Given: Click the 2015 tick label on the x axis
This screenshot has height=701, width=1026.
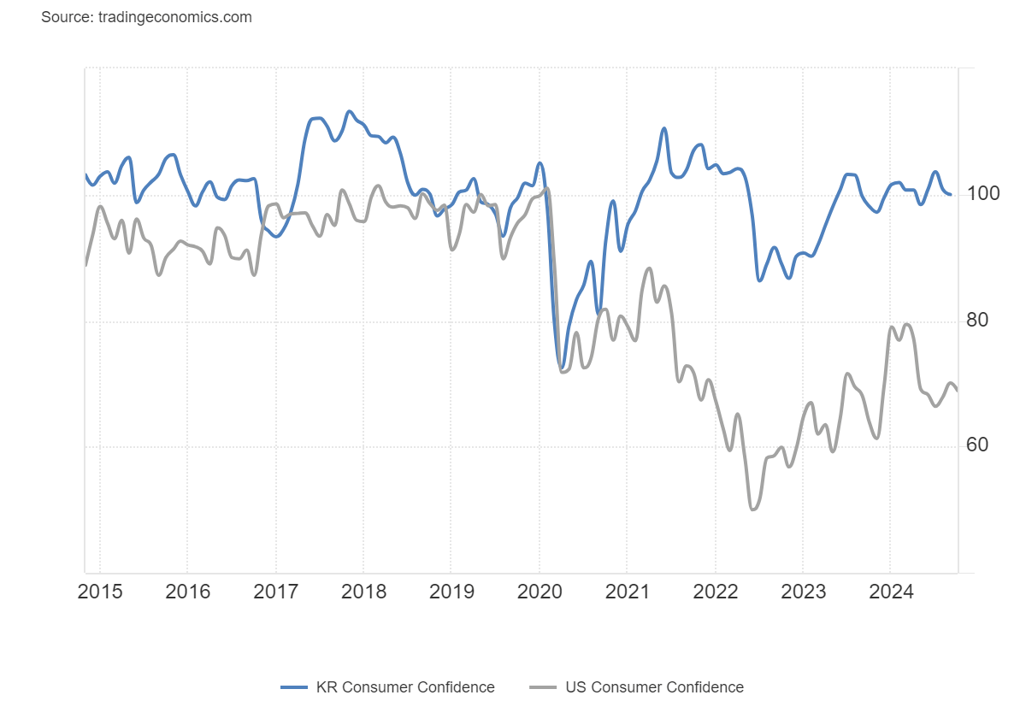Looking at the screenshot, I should pyautogui.click(x=99, y=592).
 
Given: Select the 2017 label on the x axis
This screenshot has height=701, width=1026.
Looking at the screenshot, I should pyautogui.click(x=275, y=592).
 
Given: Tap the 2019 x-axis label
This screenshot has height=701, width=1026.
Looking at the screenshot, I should pyautogui.click(x=451, y=592).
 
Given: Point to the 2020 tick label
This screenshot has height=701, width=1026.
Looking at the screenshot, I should pyautogui.click(x=539, y=592).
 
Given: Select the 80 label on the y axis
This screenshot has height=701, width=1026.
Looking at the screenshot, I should pyautogui.click(x=977, y=321).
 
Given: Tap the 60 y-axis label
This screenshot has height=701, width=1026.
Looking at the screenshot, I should pyautogui.click(x=977, y=445).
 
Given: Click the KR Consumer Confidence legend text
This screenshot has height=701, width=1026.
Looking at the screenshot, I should pyautogui.click(x=405, y=687).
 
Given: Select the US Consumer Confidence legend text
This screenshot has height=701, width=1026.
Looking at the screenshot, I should pyautogui.click(x=654, y=687).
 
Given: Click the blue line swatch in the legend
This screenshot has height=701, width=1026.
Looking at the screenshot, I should pyautogui.click(x=294, y=687).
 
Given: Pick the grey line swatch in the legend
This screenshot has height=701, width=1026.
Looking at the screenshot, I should pyautogui.click(x=543, y=687).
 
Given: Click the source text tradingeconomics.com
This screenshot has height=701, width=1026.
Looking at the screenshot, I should pyautogui.click(x=146, y=17).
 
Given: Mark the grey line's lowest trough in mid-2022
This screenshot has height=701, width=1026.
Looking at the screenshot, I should pyautogui.click(x=753, y=510).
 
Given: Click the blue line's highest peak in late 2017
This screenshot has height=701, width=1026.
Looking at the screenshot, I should pyautogui.click(x=349, y=111).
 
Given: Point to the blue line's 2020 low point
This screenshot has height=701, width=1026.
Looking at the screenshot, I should pyautogui.click(x=562, y=367).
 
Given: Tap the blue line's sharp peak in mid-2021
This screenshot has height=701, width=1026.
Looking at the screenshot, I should pyautogui.click(x=663, y=128).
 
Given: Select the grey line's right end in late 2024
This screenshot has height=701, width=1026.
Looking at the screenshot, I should pyautogui.click(x=957, y=391).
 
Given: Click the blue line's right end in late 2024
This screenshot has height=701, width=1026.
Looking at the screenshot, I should pyautogui.click(x=950, y=194).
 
